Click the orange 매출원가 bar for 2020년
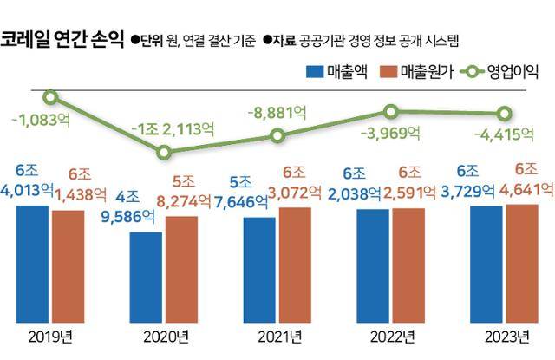coord(182,269)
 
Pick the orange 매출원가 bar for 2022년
coord(408,265)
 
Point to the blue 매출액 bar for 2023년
coord(486,264)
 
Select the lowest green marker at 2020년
coord(165,153)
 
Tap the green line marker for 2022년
coord(391,111)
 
